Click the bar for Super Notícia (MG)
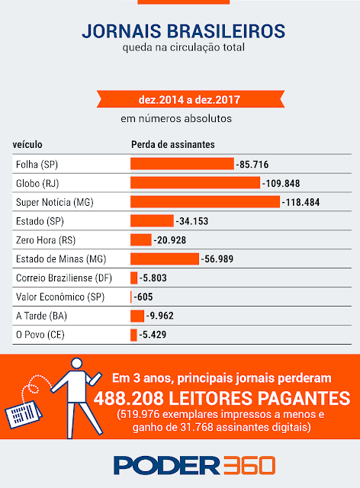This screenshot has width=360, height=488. (x=205, y=201)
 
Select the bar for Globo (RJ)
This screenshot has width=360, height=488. (x=195, y=183)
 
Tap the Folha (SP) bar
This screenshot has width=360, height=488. (x=182, y=164)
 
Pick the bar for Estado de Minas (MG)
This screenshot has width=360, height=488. (x=165, y=258)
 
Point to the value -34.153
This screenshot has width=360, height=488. (x=192, y=221)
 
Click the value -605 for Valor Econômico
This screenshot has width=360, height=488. (x=143, y=297)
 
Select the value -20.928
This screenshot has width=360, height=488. (x=170, y=240)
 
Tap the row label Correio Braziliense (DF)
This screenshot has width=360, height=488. (x=64, y=278)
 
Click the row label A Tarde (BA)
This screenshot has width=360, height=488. (x=41, y=316)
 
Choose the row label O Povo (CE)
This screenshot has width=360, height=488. (x=40, y=335)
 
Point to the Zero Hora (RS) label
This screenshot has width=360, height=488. (x=46, y=240)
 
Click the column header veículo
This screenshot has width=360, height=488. (x=27, y=144)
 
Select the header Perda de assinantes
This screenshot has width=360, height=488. (x=173, y=144)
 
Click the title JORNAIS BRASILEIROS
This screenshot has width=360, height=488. (x=183, y=30)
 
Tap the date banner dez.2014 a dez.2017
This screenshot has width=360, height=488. (x=190, y=99)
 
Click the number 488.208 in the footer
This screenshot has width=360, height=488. (x=129, y=398)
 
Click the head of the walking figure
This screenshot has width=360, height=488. (x=76, y=363)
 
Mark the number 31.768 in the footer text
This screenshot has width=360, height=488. (x=197, y=427)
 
